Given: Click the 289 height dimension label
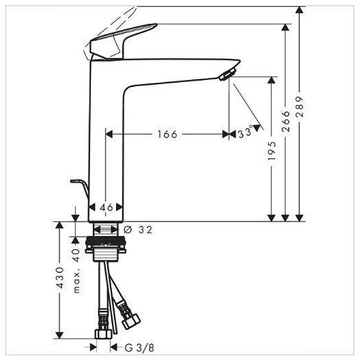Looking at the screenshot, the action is tap(300, 107).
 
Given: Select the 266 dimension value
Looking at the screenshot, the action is tap(286, 121).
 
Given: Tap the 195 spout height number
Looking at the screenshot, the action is tap(272, 151).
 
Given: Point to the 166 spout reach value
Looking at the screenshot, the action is tap(167, 134).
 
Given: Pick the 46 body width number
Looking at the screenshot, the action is tap(106, 207).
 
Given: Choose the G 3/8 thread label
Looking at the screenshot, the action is tap(139, 348).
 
